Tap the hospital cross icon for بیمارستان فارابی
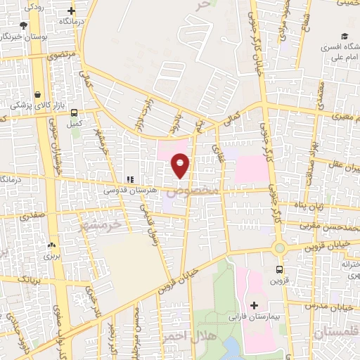[254, 306]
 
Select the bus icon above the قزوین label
[280, 269]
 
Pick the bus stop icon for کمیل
[75, 112]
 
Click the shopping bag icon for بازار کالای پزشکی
[37, 94]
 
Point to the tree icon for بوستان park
[23, 25]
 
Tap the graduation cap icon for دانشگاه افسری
[345, 36]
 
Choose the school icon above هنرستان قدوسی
[129, 180]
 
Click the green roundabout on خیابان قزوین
[280, 247]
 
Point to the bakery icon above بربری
[51, 246]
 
